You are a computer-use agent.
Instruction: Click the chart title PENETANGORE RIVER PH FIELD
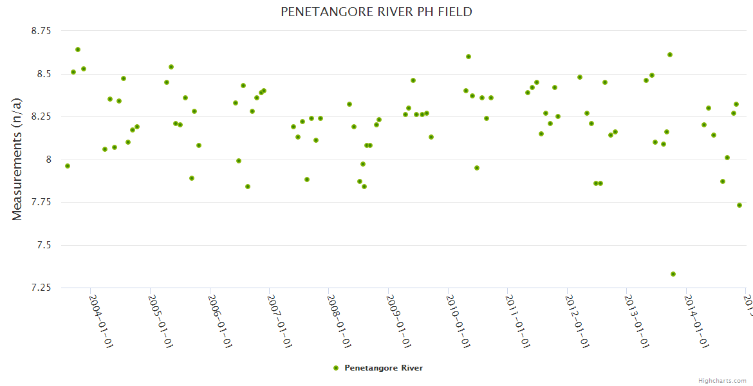coord(376,12)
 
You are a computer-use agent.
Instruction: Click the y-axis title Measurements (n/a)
coord(17,159)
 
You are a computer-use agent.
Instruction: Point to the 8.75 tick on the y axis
coord(41,31)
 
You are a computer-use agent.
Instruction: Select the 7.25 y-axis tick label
coord(41,288)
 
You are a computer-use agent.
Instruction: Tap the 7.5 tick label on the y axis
coord(44,245)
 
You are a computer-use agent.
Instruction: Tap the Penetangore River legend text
coord(384,368)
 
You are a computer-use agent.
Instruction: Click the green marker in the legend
coord(335,368)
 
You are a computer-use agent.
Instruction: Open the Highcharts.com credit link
coord(722,381)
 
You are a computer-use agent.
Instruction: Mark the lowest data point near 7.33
coord(673,274)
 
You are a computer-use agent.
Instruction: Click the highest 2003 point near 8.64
coord(78,50)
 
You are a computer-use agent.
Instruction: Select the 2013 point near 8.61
coord(670,55)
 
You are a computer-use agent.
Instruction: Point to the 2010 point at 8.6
coord(469,57)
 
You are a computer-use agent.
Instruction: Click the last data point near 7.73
coord(739,205)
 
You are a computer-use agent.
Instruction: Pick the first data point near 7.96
coord(68,166)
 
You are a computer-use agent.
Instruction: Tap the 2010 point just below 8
coord(477,168)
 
